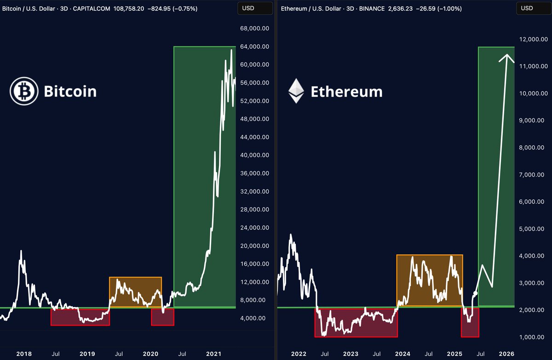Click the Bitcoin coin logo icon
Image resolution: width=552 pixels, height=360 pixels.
[24, 91]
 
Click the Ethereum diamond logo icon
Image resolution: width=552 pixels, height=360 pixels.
[296, 91]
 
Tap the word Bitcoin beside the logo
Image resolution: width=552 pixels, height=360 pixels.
[70, 91]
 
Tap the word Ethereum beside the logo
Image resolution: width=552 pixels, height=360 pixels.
[346, 91]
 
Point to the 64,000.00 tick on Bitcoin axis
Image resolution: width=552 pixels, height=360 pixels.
[255, 46]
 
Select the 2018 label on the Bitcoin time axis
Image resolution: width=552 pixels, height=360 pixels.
[24, 354]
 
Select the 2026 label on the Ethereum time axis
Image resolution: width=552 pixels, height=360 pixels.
[506, 354]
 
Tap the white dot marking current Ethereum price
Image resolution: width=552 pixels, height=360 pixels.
[475, 293]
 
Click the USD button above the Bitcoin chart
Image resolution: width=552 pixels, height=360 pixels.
[254, 8]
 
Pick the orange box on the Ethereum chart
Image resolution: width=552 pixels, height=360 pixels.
[429, 280]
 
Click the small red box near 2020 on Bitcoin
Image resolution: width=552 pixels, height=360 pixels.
[162, 317]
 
